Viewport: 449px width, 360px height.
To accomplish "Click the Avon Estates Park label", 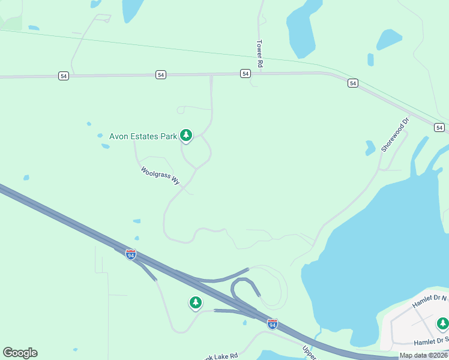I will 143,136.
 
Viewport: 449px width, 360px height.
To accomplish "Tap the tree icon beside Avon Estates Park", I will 186,136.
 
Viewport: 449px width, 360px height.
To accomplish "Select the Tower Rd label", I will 260,53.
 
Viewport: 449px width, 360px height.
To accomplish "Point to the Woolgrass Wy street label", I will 160,176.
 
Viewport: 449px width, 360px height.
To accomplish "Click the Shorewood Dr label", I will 395,134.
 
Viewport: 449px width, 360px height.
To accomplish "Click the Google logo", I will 20,353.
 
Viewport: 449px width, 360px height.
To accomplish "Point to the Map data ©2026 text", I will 423,355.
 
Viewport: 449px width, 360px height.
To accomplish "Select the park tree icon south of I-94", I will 195,303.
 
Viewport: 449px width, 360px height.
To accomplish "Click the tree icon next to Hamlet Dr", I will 443,324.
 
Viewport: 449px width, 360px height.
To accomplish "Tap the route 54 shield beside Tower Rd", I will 245,73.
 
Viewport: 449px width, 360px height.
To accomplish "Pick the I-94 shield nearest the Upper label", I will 273,324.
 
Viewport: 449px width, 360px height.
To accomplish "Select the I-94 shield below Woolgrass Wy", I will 131,254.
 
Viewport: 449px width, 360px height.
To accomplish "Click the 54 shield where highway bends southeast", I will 353,83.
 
